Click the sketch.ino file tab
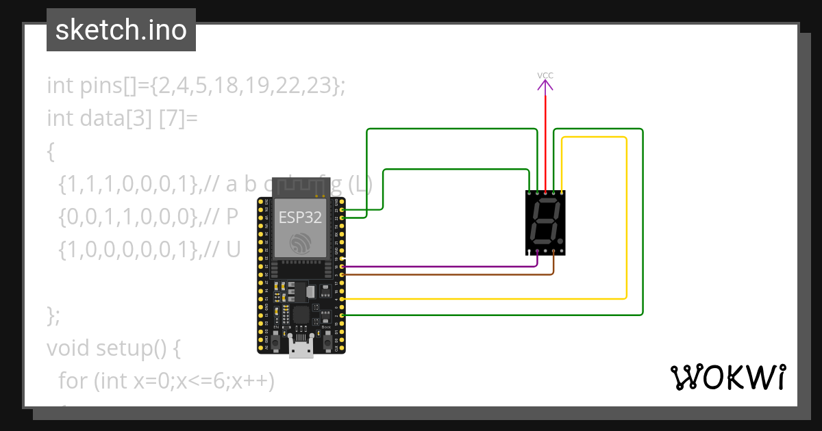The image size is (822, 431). coord(121,30)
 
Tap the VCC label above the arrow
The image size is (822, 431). coord(545,75)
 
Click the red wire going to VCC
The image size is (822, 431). coord(545,137)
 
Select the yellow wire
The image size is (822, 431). coord(627,219)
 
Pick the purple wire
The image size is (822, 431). coord(438,266)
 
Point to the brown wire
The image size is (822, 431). coord(445,274)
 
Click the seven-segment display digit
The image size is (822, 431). coord(545,223)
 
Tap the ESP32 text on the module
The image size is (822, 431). coord(299,217)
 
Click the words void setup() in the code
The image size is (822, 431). coord(113,348)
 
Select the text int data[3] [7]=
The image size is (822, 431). coord(122,118)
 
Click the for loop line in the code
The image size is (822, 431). coord(166,380)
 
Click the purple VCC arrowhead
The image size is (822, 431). coord(545,85)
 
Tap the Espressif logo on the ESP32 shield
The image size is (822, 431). coord(300,243)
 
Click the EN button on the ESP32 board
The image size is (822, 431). coord(276,340)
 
